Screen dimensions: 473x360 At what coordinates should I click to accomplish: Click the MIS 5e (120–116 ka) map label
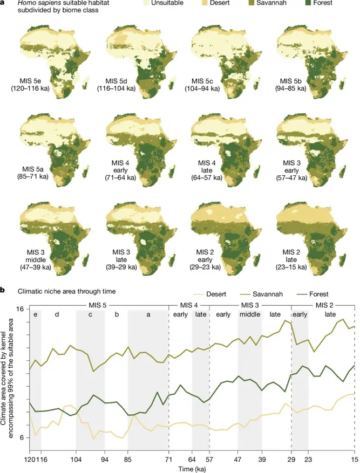point(30,84)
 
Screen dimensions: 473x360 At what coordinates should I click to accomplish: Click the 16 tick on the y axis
point(20,309)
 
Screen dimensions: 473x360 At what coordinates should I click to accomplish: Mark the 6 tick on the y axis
point(22,437)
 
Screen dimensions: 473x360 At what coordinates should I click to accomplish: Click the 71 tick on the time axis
point(168,460)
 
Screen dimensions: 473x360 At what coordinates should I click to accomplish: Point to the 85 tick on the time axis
point(127,460)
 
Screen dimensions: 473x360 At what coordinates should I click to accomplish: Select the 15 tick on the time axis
point(354,460)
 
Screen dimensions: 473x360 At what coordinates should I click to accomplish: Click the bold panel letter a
point(3,3)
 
